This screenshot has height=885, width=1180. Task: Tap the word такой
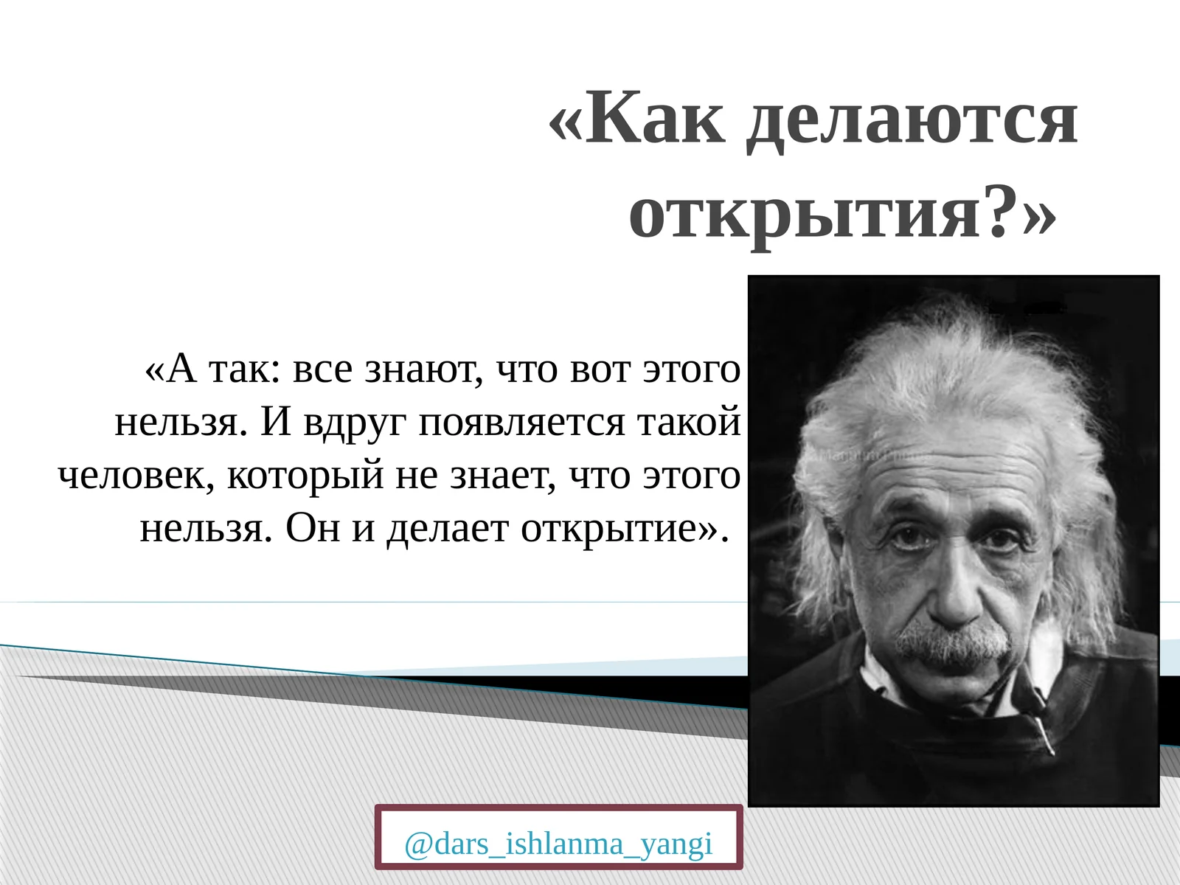pos(689,423)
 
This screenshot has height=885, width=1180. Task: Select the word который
pos(305,476)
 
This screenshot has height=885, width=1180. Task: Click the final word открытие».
pos(619,529)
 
